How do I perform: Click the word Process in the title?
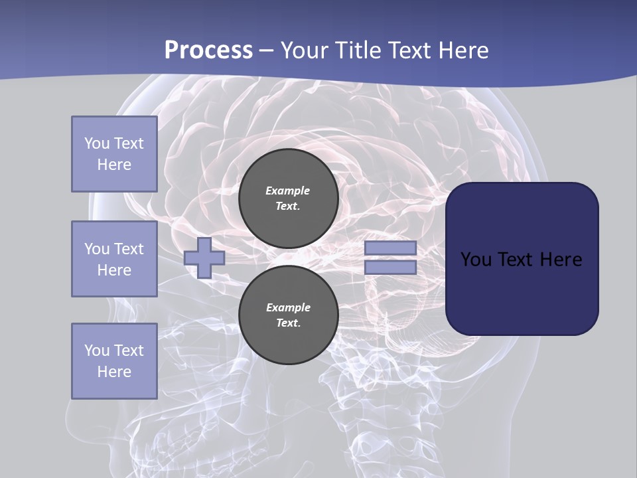point(208,50)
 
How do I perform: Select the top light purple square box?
point(114,154)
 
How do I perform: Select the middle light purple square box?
point(114,259)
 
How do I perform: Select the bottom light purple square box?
point(114,361)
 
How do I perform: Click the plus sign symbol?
point(204,258)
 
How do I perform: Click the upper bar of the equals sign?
point(391,248)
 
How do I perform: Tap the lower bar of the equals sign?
point(391,268)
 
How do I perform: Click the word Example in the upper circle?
point(288,191)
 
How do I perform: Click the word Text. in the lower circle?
point(288,323)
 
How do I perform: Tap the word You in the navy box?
point(475,260)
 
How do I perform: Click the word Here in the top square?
point(114,165)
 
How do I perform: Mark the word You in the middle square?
point(96,249)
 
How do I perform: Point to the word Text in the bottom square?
point(129,351)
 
